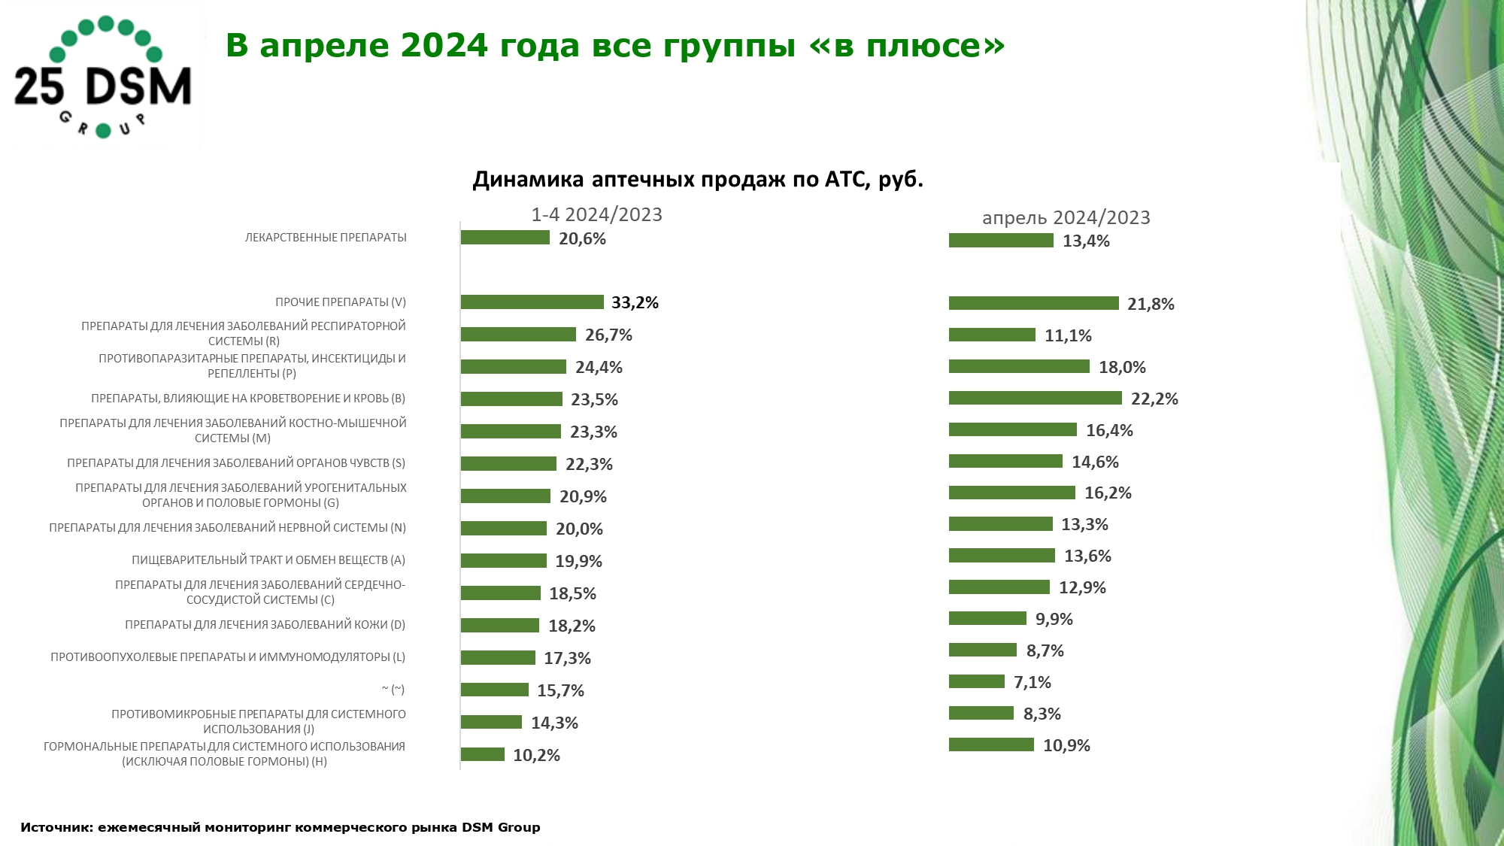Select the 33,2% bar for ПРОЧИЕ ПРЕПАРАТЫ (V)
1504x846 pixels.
532,302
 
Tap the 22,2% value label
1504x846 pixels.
1154,399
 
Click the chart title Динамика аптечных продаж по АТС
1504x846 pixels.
697,180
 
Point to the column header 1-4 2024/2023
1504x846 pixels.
596,215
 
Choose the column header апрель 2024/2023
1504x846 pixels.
1066,218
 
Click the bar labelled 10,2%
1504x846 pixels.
483,754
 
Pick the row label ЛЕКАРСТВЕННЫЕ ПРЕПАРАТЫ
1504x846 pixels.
326,238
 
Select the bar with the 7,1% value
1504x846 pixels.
976,681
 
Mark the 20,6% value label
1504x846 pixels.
582,239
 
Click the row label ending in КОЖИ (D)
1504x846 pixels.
265,625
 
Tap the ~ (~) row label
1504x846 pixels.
393,690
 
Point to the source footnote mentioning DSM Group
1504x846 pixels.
280,827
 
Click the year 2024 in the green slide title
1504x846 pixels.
444,45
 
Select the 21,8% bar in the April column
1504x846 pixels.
1033,303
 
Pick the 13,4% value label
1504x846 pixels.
1086,241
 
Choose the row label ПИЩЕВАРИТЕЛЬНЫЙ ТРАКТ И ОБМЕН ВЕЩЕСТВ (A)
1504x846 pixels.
268,560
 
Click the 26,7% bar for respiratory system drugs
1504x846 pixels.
518,335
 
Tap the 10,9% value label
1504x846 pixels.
1066,746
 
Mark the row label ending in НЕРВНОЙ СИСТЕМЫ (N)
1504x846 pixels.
228,528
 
